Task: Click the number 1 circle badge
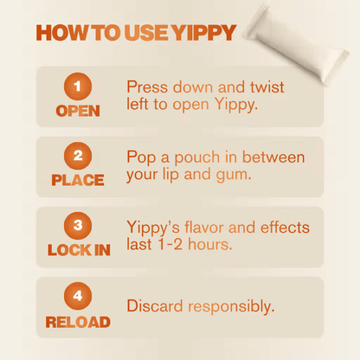pyautogui.click(x=78, y=87)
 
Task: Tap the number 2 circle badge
pyautogui.click(x=78, y=156)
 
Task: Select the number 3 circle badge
pyautogui.click(x=78, y=226)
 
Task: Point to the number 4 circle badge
pyautogui.click(x=78, y=296)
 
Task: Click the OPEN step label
pyautogui.click(x=78, y=111)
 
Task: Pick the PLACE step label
pyautogui.click(x=78, y=180)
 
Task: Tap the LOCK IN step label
pyautogui.click(x=79, y=250)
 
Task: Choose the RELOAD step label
pyautogui.click(x=78, y=322)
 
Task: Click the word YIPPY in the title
pyautogui.click(x=203, y=33)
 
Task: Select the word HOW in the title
pyautogui.click(x=61, y=33)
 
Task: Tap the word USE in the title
pyautogui.click(x=146, y=33)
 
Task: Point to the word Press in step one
pyautogui.click(x=147, y=87)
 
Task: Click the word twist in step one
pyautogui.click(x=267, y=87)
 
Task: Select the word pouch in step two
pyautogui.click(x=197, y=158)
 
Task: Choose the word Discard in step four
pyautogui.click(x=155, y=305)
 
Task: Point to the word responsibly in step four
pyautogui.click(x=231, y=307)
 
